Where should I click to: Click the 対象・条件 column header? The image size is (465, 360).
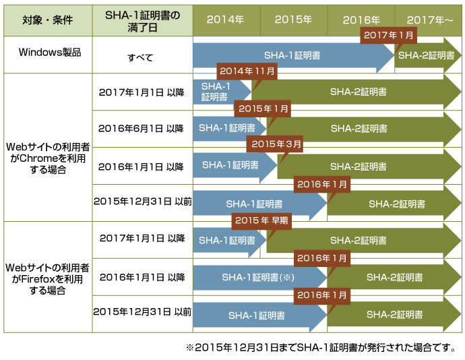[46, 20]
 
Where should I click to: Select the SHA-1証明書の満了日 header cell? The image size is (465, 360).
[142, 20]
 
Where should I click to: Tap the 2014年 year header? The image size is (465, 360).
[225, 20]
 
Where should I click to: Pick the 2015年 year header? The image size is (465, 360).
[293, 20]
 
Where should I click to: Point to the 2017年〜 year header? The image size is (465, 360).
[429, 20]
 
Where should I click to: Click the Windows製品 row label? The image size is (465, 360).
[46, 53]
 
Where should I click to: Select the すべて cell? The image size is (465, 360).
[142, 56]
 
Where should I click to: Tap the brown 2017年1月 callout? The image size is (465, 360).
[388, 35]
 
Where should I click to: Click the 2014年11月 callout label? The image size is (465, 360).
[247, 71]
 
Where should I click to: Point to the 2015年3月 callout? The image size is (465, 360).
[276, 144]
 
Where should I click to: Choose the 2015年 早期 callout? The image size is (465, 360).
[261, 220]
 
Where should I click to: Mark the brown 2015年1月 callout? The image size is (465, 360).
[263, 108]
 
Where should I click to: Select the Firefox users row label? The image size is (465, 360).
[46, 277]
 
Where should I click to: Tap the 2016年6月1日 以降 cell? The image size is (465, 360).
[142, 128]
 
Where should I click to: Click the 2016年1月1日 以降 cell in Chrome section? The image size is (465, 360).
[142, 165]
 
